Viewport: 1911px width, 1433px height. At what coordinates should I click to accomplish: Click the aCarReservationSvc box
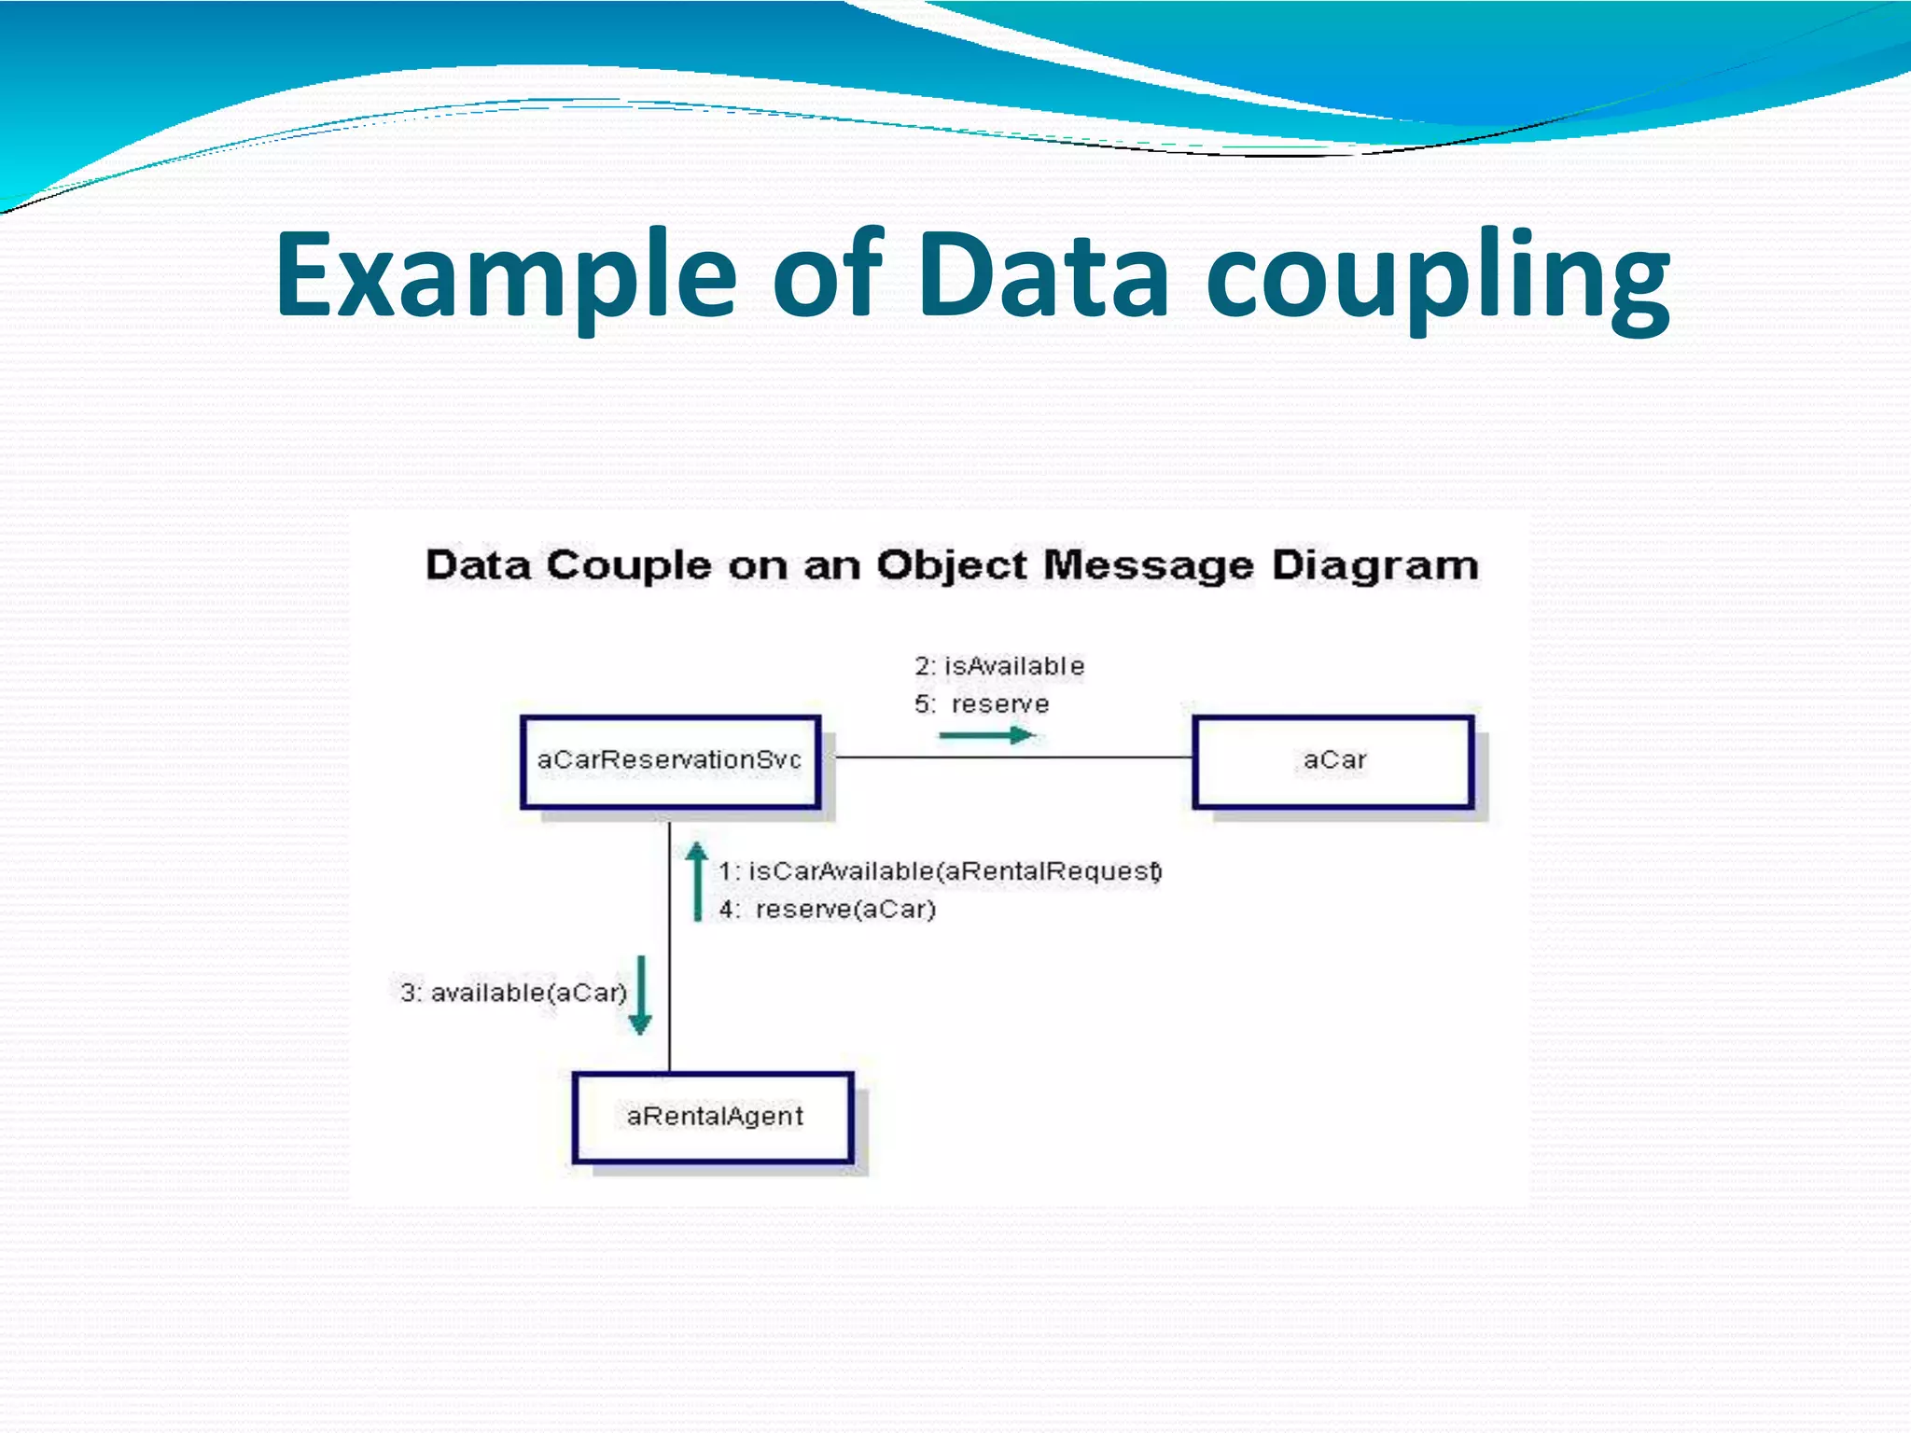coord(670,761)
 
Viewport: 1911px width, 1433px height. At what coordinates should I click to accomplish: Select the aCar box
coord(1333,761)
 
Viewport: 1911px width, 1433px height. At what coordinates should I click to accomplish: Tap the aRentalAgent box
coord(714,1117)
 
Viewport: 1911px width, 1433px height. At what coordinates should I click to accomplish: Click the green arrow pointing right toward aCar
coord(986,736)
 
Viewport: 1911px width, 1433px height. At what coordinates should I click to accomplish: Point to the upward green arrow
coord(696,882)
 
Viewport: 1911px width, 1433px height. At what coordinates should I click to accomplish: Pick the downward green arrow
coord(640,995)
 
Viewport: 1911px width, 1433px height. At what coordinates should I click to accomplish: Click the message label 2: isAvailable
coord(999,666)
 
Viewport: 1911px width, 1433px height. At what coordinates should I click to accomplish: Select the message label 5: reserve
coord(982,704)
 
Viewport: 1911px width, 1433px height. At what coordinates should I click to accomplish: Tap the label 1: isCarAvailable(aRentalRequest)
coord(940,871)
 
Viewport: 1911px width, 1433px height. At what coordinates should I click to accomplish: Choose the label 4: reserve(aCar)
coord(828,910)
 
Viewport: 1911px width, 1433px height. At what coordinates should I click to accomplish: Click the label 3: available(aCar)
coord(513,993)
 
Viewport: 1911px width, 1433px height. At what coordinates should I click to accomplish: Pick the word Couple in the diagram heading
coord(628,566)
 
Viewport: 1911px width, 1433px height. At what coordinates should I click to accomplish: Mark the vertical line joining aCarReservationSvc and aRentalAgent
coord(670,942)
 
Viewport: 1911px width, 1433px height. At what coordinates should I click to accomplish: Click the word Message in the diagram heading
coord(1148,566)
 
